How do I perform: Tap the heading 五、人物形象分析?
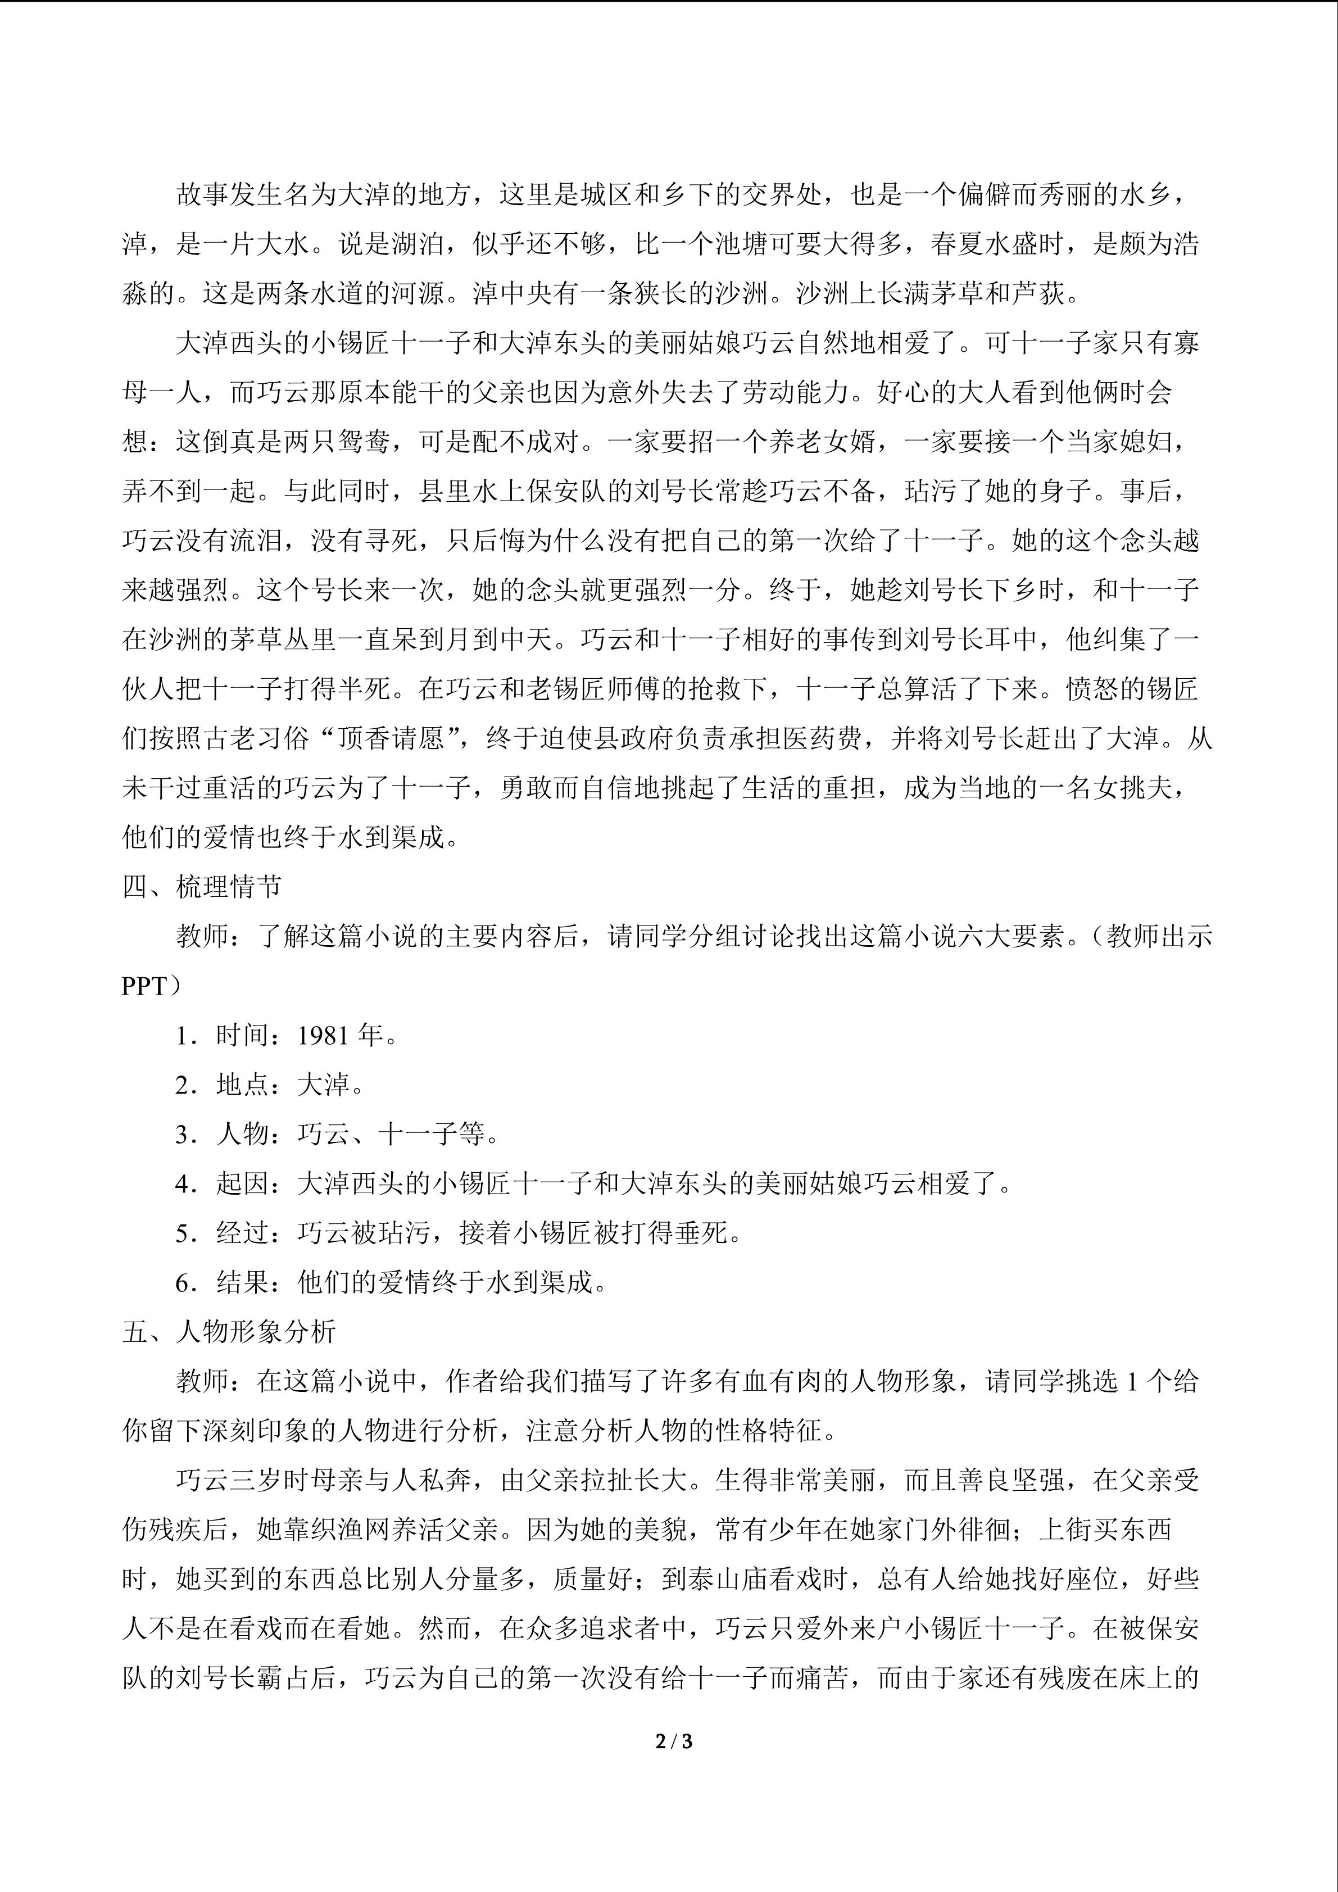click(229, 1332)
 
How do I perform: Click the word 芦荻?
click(1039, 293)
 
